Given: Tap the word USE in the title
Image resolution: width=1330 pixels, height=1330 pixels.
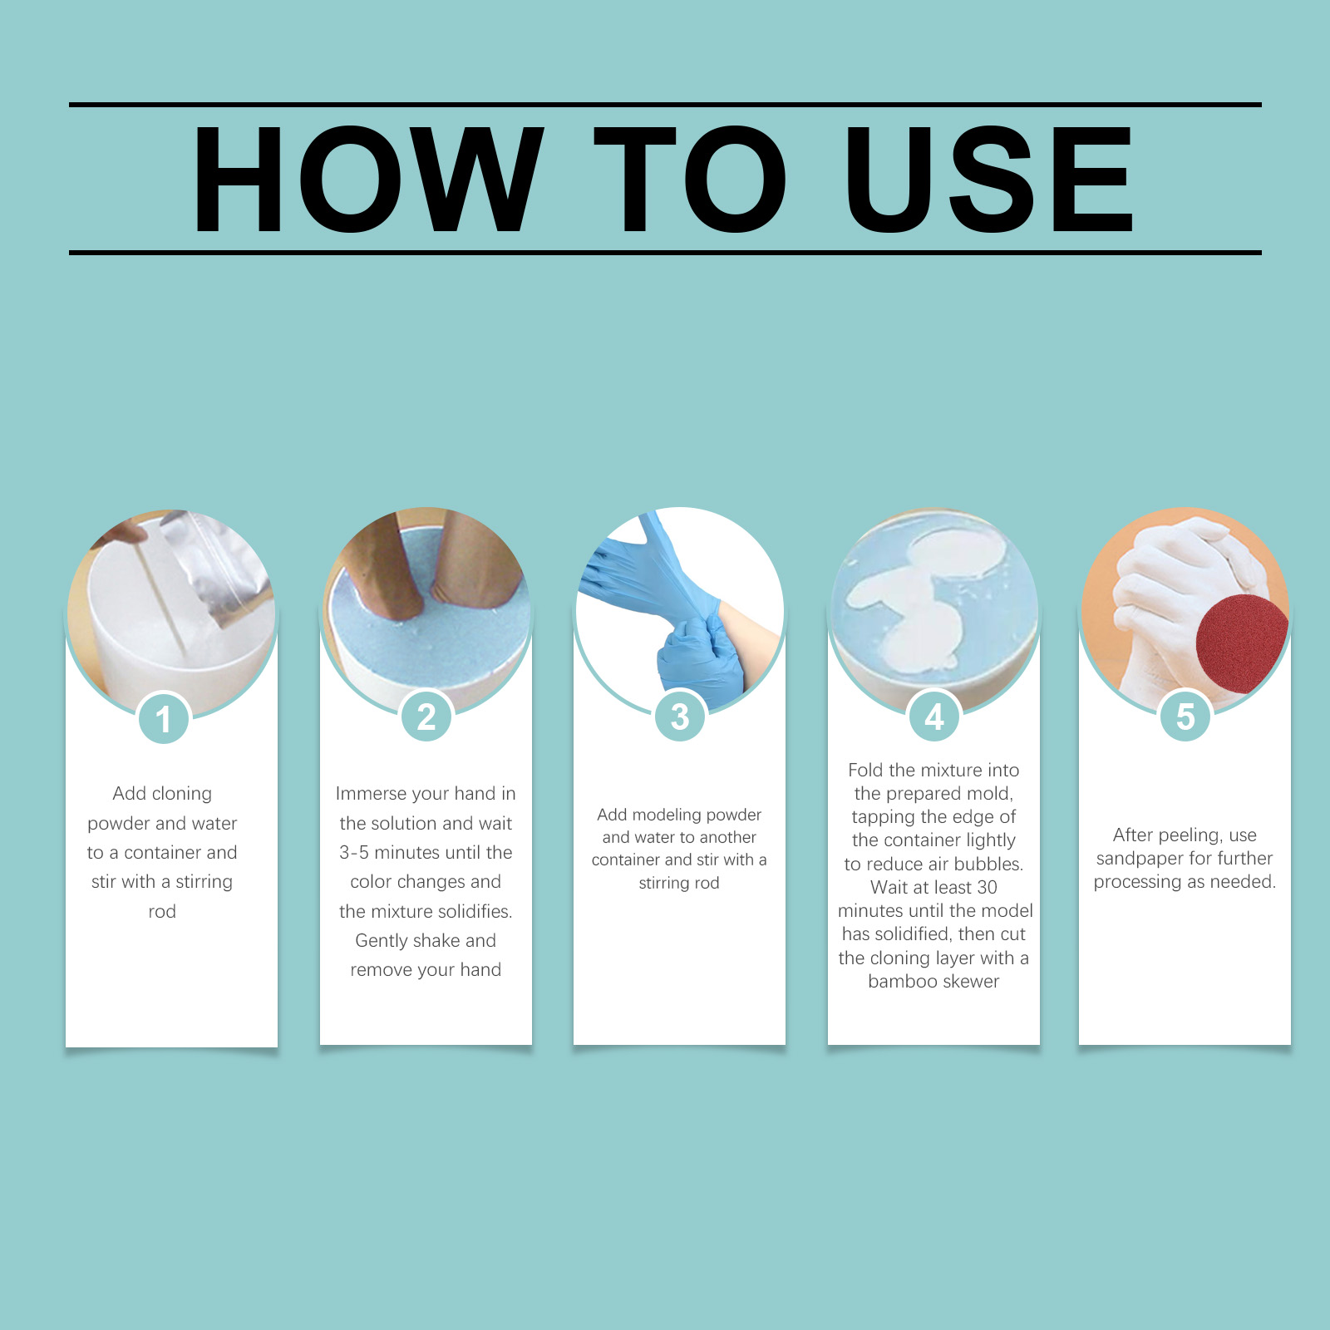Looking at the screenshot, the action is coord(989,179).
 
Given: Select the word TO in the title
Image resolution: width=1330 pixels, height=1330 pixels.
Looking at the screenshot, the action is coord(691,179).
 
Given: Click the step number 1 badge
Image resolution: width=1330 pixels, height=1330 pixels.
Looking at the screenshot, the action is coord(164,718).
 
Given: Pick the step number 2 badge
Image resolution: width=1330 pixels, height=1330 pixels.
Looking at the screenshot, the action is coord(426,717).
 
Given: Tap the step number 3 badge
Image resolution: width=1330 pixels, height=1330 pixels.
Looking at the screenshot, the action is coord(680,717).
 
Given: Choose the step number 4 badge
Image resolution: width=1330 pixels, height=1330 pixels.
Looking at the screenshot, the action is coord(934,717).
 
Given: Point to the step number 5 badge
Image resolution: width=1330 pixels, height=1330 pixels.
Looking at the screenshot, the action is coord(1185,717).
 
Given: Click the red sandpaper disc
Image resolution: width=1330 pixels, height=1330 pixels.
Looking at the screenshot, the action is coord(1240,642).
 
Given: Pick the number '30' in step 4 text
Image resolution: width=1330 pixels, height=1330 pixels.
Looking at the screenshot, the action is coord(987,887).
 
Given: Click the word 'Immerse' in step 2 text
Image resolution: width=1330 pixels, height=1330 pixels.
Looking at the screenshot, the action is coord(371,793).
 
